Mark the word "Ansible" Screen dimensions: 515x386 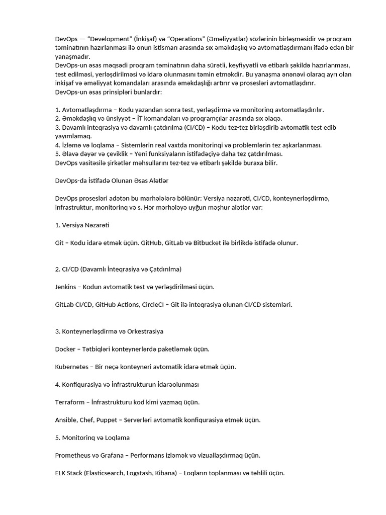66,419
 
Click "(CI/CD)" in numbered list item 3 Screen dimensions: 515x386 193,128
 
